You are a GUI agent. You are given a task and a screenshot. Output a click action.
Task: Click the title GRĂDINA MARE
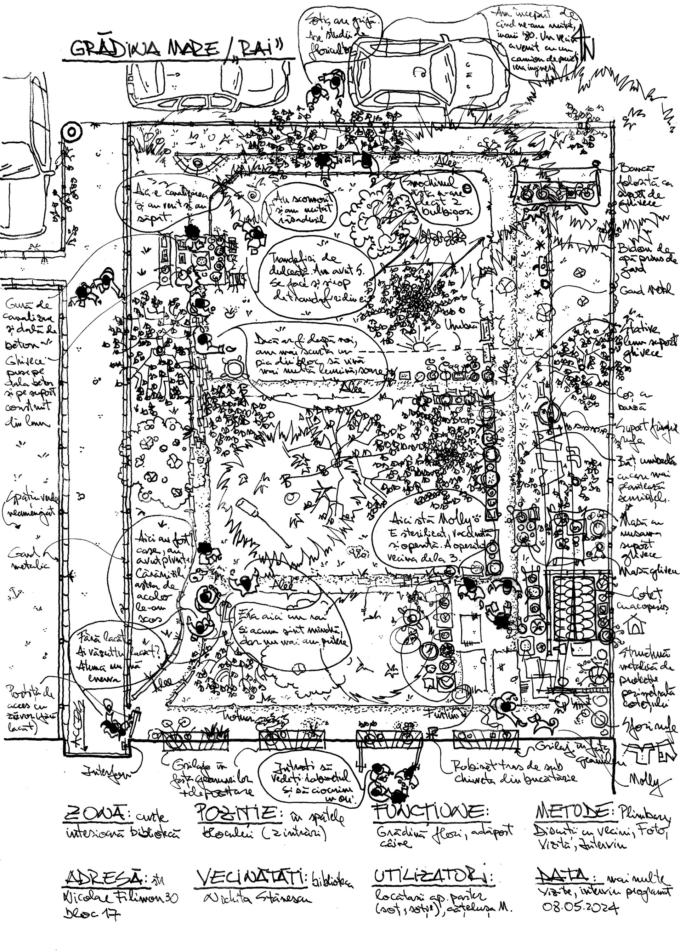tap(144, 50)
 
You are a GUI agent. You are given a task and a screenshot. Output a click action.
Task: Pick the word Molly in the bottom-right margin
tap(646, 781)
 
